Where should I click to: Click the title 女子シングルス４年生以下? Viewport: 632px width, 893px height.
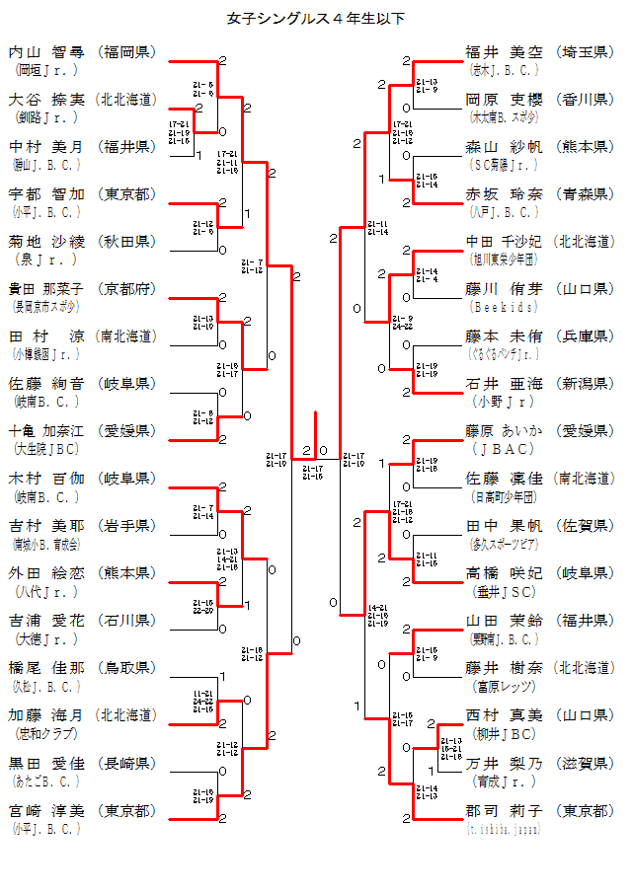(x=316, y=18)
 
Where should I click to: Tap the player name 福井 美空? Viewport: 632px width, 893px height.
(x=504, y=51)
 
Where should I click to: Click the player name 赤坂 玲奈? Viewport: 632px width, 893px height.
(x=504, y=193)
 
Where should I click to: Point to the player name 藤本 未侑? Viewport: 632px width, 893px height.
(x=504, y=335)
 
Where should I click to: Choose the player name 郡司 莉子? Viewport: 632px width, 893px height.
(x=504, y=810)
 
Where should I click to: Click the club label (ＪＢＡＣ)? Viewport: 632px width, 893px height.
(x=504, y=449)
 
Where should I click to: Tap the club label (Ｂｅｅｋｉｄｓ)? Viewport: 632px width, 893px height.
(x=504, y=307)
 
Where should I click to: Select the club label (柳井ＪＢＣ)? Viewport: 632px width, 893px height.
(x=504, y=734)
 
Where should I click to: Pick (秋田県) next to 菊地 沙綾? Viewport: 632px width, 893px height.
(x=127, y=241)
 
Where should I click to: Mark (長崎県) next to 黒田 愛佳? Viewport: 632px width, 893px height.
(x=127, y=763)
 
